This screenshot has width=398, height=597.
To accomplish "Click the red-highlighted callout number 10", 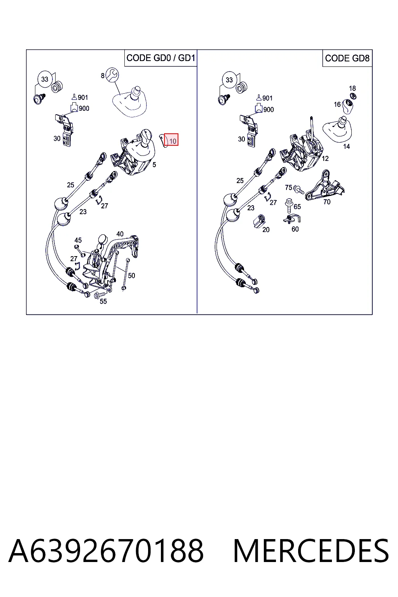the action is point(171,140).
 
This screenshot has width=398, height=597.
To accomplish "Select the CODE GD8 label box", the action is point(347,58).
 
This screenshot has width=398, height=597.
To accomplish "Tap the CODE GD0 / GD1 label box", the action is point(161,58).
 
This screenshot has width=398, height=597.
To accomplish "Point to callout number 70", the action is point(327,202).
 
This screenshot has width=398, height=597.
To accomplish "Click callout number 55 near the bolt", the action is point(103,301).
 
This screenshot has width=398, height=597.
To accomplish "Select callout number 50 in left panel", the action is point(131,276).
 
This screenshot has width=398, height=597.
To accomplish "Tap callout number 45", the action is point(78,240).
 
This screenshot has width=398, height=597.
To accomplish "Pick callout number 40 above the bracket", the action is point(120,234).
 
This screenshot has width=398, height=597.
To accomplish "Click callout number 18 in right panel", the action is point(353,88).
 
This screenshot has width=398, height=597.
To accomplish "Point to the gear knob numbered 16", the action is point(347,106).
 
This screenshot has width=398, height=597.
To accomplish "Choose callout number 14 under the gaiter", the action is point(346,146).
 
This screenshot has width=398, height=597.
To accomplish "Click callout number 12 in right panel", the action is point(325,159).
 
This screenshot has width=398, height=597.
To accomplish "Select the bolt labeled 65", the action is point(289,206).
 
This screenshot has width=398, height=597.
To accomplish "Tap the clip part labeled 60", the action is point(292,219).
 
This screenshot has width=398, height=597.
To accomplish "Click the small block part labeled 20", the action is point(259,221).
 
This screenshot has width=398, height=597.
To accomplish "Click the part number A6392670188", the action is point(106,551).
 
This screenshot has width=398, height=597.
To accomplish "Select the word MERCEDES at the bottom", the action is point(311,551).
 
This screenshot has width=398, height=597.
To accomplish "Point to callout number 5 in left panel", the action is point(154,165).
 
